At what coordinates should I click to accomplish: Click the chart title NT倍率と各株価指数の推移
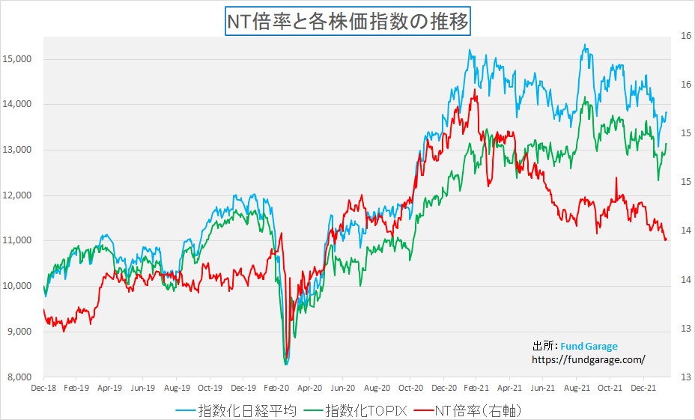347,22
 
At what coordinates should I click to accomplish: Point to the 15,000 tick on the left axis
22,59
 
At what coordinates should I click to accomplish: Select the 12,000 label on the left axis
22,195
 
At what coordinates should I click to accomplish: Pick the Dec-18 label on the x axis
43,389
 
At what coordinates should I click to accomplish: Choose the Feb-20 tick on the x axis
276,389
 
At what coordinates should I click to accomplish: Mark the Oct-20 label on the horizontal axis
410,389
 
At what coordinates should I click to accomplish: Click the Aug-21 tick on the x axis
575,389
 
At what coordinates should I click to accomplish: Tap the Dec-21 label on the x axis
642,389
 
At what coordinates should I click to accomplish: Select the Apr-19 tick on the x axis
110,389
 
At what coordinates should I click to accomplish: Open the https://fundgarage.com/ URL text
588,359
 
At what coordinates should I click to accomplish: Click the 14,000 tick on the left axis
22,105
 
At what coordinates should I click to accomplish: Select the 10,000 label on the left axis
22,286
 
